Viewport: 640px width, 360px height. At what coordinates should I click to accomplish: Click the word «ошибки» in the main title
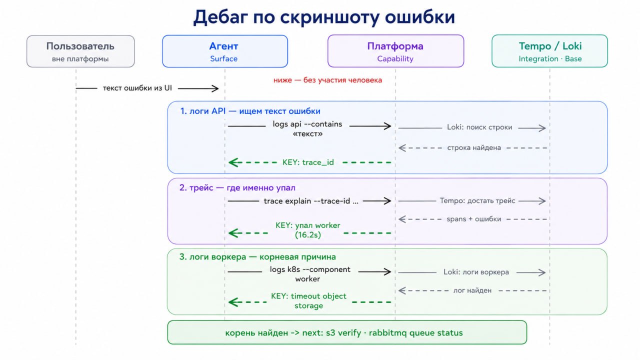point(419,17)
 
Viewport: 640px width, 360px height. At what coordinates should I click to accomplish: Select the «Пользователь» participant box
point(80,51)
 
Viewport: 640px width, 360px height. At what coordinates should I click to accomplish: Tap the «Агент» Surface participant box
point(225,51)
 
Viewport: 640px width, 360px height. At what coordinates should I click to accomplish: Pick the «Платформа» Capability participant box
point(395,51)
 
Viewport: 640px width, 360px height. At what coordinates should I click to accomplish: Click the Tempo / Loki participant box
point(549,51)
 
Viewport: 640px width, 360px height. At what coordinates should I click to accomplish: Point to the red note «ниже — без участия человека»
point(327,80)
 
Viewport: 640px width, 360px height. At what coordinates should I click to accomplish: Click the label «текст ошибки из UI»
point(137,88)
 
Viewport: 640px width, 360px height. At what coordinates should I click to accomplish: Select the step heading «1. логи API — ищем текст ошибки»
point(250,111)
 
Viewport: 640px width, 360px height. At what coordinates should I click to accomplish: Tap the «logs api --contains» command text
point(307,124)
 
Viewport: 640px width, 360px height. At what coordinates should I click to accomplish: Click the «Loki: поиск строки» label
point(479,127)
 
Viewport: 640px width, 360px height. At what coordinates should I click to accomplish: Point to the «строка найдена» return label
point(474,147)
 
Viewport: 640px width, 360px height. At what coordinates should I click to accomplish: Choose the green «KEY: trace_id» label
point(308,162)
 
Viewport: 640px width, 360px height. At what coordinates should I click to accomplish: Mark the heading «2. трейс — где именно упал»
point(237,187)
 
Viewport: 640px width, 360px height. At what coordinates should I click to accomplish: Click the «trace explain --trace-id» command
point(311,201)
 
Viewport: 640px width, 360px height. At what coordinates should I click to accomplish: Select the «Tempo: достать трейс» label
point(477,201)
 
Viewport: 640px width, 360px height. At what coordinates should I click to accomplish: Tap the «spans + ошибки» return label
point(473,219)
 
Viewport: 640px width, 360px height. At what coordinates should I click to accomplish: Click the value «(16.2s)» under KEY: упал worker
point(308,235)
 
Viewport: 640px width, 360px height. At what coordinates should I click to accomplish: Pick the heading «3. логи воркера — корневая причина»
point(257,257)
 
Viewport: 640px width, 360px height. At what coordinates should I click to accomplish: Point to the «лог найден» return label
point(472,290)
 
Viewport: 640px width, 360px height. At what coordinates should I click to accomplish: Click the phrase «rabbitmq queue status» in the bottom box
point(415,333)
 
